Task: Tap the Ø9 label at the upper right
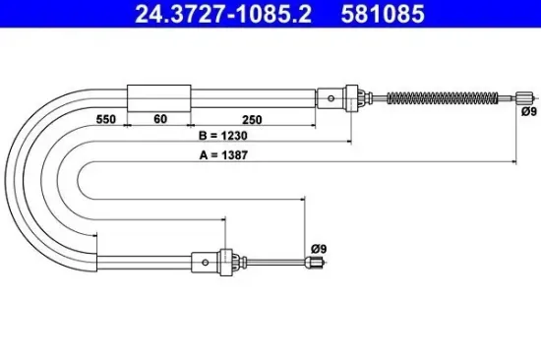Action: tap(529, 112)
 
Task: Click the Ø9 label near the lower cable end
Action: tap(317, 248)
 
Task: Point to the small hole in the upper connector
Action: tap(331, 96)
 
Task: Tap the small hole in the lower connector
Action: tap(205, 262)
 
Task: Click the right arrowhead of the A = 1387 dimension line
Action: tap(516, 159)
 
